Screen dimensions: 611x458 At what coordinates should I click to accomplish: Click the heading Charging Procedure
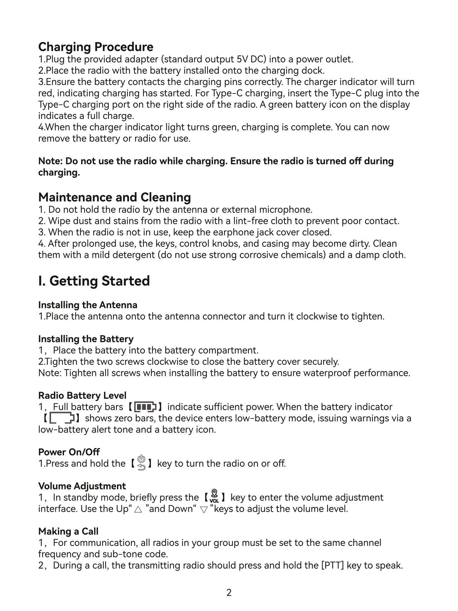tap(96, 47)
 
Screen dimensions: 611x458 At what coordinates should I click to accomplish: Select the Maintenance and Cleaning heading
tap(114, 197)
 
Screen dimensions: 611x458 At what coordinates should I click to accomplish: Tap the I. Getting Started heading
tap(94, 281)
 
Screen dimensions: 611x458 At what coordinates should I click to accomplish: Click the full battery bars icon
tap(145, 407)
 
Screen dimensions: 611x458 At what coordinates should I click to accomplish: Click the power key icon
tap(141, 463)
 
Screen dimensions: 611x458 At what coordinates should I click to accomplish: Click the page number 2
tap(229, 593)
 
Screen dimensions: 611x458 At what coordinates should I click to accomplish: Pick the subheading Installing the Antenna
tap(88, 305)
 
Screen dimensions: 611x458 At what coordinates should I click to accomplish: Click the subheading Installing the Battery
tap(86, 339)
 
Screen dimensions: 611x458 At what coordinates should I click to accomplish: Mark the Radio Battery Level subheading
tap(82, 396)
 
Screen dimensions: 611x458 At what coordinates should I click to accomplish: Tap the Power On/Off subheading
tap(69, 452)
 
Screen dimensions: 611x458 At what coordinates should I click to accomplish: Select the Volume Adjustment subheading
tap(82, 486)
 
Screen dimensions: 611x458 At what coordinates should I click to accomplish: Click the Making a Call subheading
tap(68, 531)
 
